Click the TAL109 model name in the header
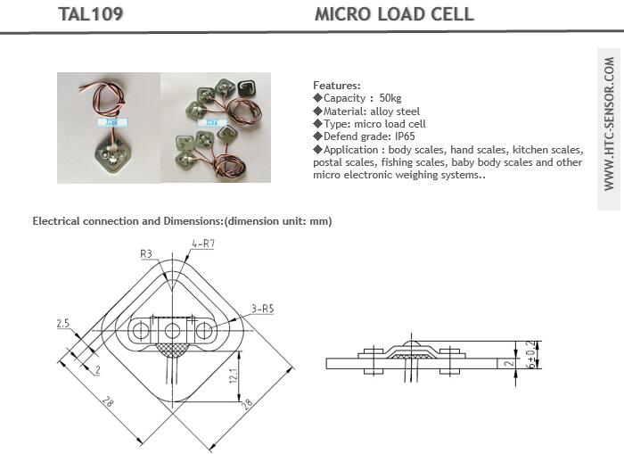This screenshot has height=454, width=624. click(x=90, y=14)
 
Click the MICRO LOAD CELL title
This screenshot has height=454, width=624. click(x=394, y=14)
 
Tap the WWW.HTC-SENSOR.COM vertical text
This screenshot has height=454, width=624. click(x=609, y=124)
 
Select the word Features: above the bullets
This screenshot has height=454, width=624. click(x=337, y=86)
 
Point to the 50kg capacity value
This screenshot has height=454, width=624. click(x=390, y=98)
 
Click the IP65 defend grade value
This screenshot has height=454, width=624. click(x=405, y=136)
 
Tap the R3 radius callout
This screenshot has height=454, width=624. click(x=146, y=253)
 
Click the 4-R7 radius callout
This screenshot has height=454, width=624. click(x=203, y=244)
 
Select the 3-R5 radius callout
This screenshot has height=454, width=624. click(x=263, y=309)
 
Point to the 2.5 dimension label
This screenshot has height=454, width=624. click(x=63, y=324)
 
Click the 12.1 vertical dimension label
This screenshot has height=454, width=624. click(x=234, y=376)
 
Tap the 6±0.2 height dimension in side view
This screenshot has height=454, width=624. click(x=531, y=354)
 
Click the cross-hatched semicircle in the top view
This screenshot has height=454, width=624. click(x=172, y=350)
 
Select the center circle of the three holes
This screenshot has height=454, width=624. click(x=172, y=331)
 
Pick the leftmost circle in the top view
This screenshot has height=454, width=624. click(x=140, y=331)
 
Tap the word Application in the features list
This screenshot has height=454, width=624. click(x=350, y=150)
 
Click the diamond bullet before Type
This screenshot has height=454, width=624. click(x=317, y=124)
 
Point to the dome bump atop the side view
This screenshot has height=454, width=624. click(x=412, y=343)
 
